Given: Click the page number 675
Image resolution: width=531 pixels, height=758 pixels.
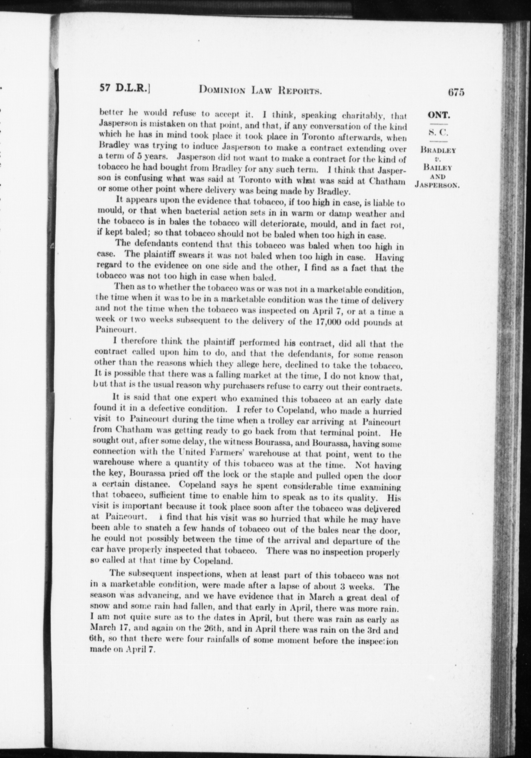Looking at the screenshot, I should [456, 92].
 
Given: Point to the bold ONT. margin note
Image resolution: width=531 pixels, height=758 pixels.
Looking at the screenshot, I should [437, 115].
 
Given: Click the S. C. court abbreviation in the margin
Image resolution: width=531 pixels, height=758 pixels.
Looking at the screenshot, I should [437, 133].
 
